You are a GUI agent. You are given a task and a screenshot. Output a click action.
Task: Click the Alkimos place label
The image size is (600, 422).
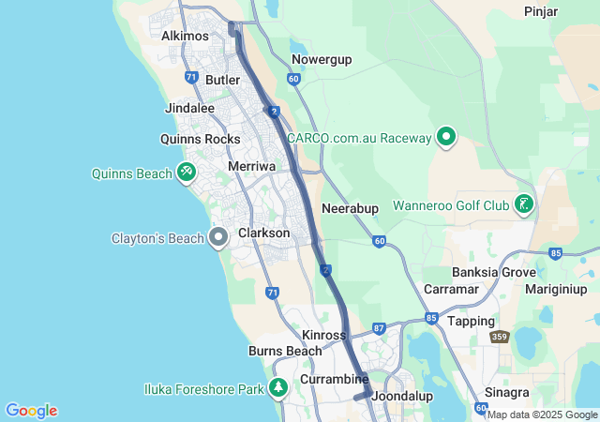pos(185,36)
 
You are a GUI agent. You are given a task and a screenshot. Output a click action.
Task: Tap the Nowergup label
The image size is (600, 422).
pos(322,59)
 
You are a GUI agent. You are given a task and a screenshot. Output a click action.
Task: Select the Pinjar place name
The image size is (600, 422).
pos(542,11)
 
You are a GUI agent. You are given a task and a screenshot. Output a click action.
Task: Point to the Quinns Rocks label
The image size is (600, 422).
pos(201,139)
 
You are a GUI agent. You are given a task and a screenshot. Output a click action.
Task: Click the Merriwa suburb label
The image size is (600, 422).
pos(250,166)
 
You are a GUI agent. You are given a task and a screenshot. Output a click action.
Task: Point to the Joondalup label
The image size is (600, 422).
pos(402,396)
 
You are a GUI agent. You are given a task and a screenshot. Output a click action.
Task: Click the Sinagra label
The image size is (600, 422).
pos(507,392)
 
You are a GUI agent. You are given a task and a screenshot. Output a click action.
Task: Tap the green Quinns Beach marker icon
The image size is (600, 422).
pos(187,173)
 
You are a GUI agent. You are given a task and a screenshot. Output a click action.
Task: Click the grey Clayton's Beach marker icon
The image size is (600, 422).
pos(218,237)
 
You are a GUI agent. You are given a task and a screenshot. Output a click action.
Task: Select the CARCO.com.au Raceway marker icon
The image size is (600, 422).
pos(446,138)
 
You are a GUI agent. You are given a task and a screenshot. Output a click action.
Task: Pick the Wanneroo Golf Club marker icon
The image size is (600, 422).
pos(523,203)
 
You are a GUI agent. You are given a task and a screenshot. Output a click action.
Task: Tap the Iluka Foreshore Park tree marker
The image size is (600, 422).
pos(277,387)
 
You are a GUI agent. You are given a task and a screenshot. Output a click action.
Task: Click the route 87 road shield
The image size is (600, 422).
pos(379,328)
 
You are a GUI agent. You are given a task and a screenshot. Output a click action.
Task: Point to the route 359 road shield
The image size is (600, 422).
pos(500,336)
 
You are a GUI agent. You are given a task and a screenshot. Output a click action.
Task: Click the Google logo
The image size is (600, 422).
pos(31,411)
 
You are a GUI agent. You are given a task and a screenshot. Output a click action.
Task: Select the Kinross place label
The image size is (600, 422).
pos(324,335)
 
